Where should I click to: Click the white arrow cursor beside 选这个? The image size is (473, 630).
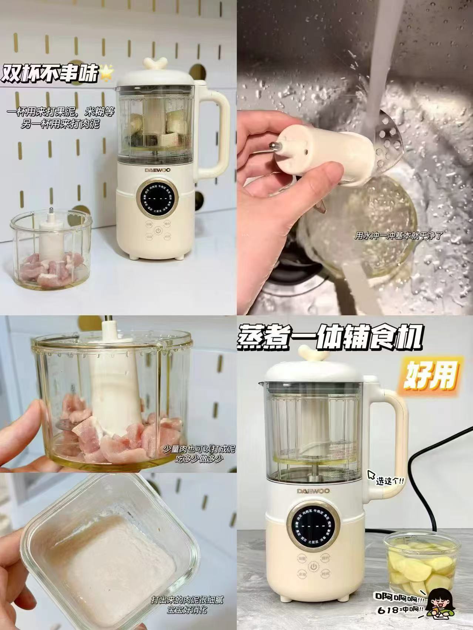[371, 475]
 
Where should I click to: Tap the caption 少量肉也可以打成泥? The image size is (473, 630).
[199, 449]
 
